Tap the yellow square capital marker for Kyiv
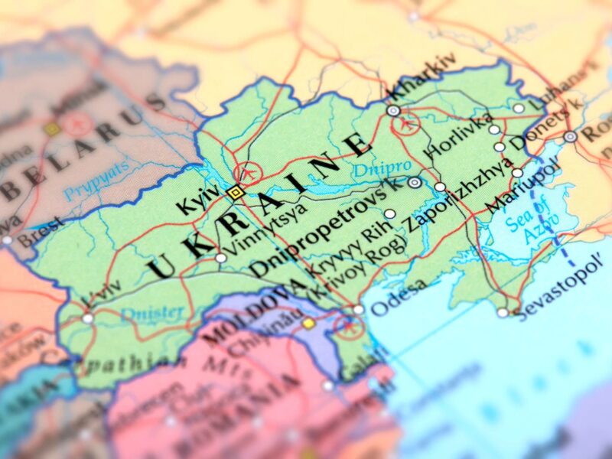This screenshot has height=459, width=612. point(235,193)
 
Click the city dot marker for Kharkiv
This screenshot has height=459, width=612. point(393,111)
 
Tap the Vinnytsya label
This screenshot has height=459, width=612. point(262,226)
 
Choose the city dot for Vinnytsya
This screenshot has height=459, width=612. point(221,259)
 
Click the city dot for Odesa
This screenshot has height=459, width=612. point(358,310)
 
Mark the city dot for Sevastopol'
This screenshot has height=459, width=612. point(503,312)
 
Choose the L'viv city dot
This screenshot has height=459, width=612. point(88,318)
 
